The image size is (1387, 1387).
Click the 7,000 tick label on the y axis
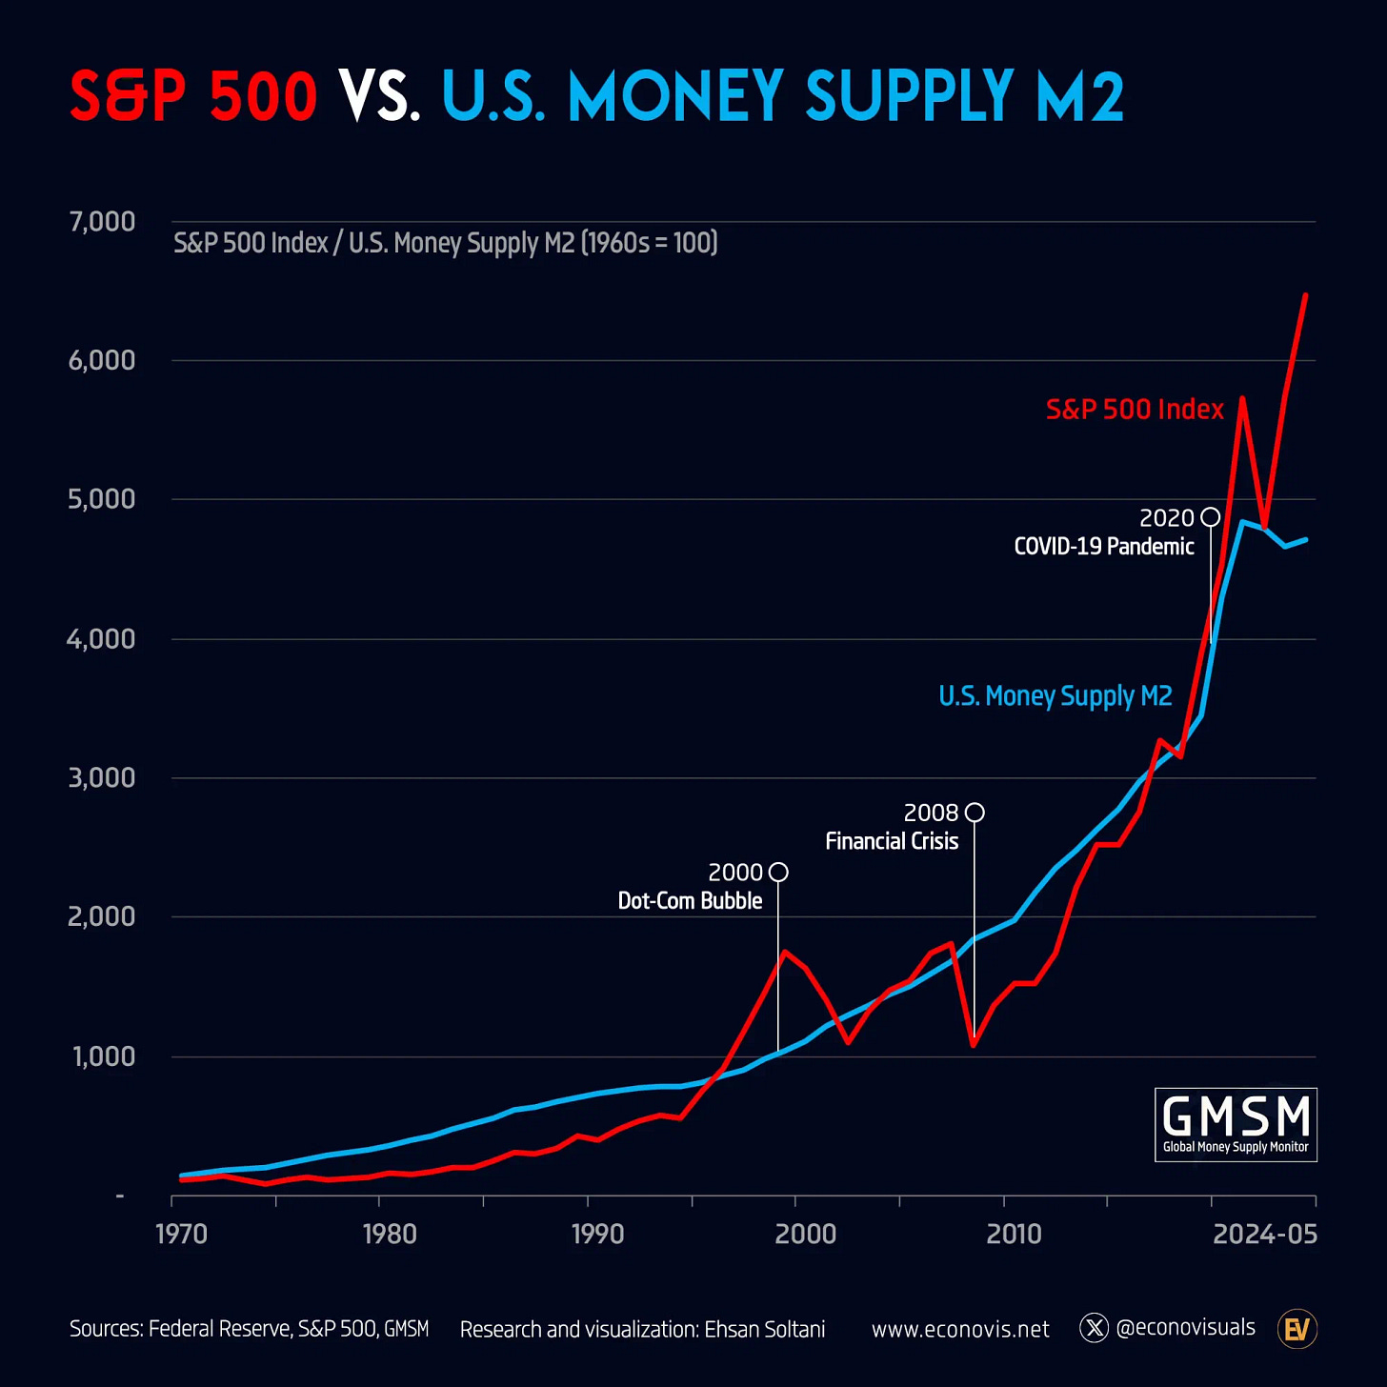click(x=102, y=222)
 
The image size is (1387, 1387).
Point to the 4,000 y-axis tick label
click(x=101, y=639)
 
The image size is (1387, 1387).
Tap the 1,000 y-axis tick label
click(x=104, y=1056)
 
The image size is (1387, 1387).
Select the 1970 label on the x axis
click(x=181, y=1235)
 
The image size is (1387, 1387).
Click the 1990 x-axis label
click(x=597, y=1235)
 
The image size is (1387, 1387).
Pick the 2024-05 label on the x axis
click(x=1264, y=1235)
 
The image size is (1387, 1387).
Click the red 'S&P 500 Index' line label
click(x=1135, y=410)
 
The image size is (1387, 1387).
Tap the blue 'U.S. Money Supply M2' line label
click(x=1055, y=696)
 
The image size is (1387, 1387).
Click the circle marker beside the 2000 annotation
click(x=778, y=872)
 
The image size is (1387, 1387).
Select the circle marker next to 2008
click(x=975, y=813)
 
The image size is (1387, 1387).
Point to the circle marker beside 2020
click(x=1210, y=517)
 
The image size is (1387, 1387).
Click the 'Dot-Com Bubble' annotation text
click(x=690, y=901)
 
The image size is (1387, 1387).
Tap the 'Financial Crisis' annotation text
click(x=892, y=841)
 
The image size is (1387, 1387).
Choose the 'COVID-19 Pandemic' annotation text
click(x=1103, y=547)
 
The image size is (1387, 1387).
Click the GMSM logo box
click(x=1236, y=1124)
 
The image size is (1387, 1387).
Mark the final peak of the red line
click(x=1305, y=295)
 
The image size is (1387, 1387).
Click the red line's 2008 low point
click(x=974, y=1045)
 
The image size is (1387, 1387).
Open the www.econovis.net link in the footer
click(x=960, y=1329)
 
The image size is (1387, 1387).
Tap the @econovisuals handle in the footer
click(x=1184, y=1328)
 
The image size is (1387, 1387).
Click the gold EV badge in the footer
click(x=1297, y=1329)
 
